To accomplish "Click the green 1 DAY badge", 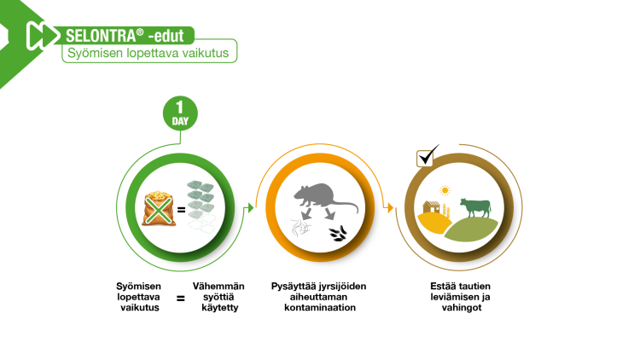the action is point(180,113).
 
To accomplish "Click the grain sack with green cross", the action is point(159,208).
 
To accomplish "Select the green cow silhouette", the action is point(475,207).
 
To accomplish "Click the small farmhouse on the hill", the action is point(432,207).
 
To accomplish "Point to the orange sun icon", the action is point(445,190).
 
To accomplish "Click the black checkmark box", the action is point(427,156).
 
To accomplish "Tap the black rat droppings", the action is point(339,234).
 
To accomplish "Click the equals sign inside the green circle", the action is point(182,210).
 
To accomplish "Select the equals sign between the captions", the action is point(180,299).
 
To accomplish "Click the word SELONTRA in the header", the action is point(101,36).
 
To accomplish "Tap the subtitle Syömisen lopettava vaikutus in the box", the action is point(148,53).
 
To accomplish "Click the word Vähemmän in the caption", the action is point(218,286).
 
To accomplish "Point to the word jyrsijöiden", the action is point(342,287).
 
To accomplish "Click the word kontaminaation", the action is point(320,307).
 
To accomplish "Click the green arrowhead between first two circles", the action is point(251,208).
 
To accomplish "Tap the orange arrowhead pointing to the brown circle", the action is point(390,208).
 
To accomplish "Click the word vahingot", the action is point(461,308).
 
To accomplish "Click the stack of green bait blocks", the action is point(201,200).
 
